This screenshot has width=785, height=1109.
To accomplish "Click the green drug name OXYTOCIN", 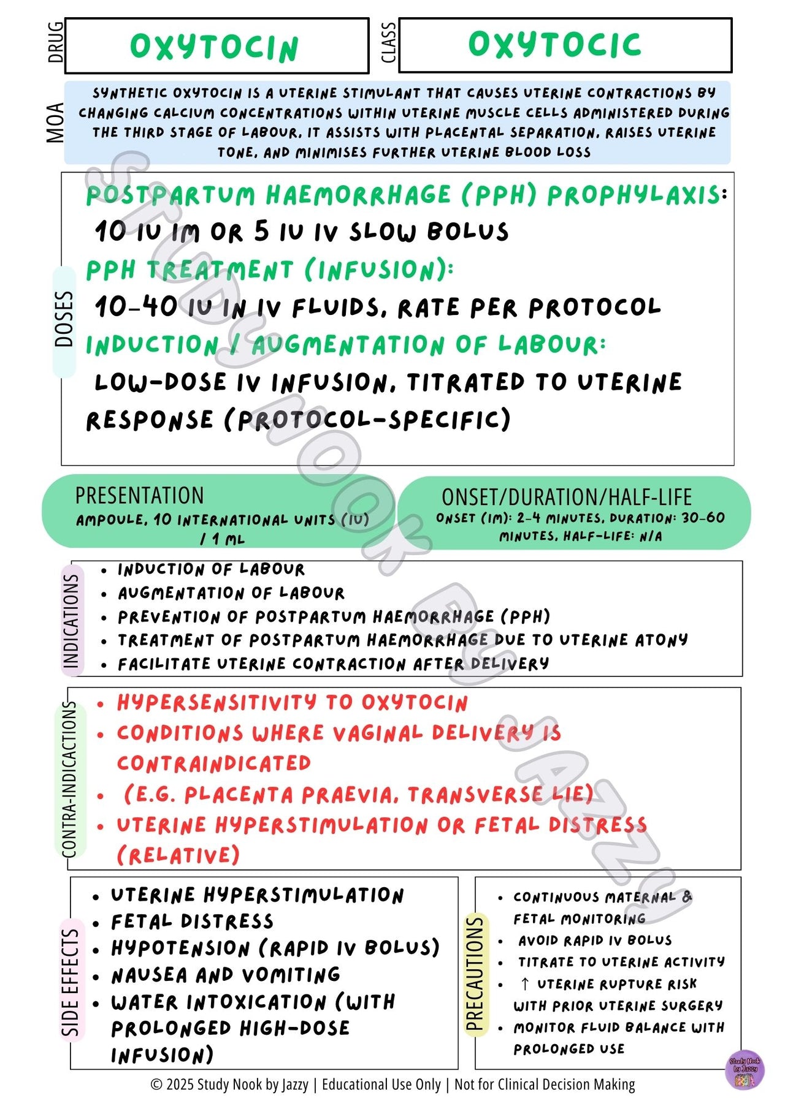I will tap(214, 47).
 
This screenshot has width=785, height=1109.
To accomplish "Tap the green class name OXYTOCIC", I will tap(554, 45).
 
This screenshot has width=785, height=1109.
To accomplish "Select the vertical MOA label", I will tap(55, 123).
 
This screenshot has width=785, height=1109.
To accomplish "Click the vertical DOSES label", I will tap(64, 319).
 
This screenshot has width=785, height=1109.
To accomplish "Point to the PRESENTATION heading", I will tap(139, 496).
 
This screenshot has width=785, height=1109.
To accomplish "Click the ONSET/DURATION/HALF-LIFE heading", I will tap(567, 497).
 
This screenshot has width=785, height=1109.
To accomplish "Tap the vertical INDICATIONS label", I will tap(71, 620).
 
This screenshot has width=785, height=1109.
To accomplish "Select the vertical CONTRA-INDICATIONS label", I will tap(70, 779).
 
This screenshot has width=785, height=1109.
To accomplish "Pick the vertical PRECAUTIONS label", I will tap(475, 974).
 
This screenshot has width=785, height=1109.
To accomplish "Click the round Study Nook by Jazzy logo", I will tap(745, 1070).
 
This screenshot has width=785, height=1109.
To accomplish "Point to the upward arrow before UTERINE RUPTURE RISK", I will tap(524, 984).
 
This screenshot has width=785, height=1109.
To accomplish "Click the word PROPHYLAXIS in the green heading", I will tap(634, 195).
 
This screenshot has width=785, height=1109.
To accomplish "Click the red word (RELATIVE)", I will tap(178, 855).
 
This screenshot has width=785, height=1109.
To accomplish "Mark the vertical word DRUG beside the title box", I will tap(55, 42).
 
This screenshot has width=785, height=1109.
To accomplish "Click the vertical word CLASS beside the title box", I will tap(388, 43).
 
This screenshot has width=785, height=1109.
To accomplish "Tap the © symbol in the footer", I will tap(156, 1085).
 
